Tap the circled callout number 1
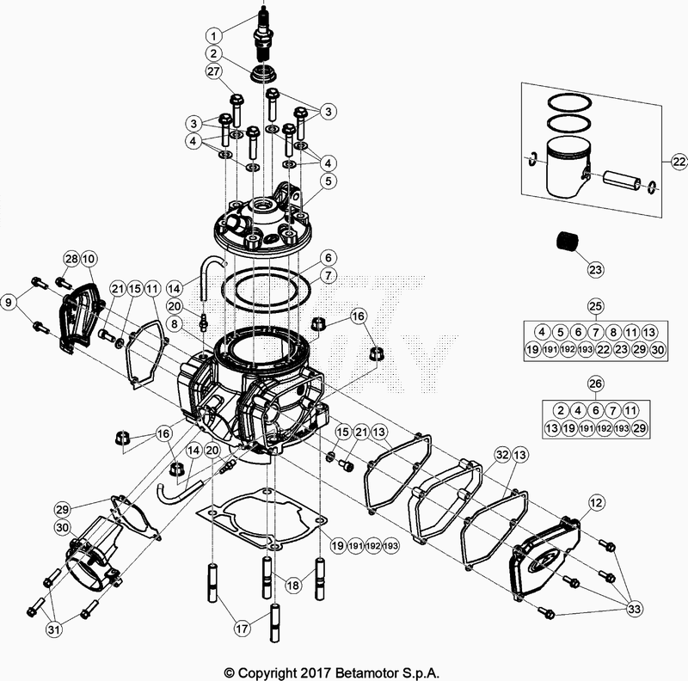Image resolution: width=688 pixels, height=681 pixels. pyautogui.click(x=213, y=35)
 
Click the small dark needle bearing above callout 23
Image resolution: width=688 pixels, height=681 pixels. pyautogui.click(x=567, y=240)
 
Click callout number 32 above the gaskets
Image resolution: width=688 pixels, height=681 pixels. pyautogui.click(x=501, y=453)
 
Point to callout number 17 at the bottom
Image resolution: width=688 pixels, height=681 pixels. pyautogui.click(x=243, y=629)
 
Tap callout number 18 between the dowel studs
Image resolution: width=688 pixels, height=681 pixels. pyautogui.click(x=293, y=585)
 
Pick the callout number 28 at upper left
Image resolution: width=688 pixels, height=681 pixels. pyautogui.click(x=71, y=259)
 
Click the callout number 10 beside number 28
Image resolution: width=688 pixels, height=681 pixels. pyautogui.click(x=89, y=259)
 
